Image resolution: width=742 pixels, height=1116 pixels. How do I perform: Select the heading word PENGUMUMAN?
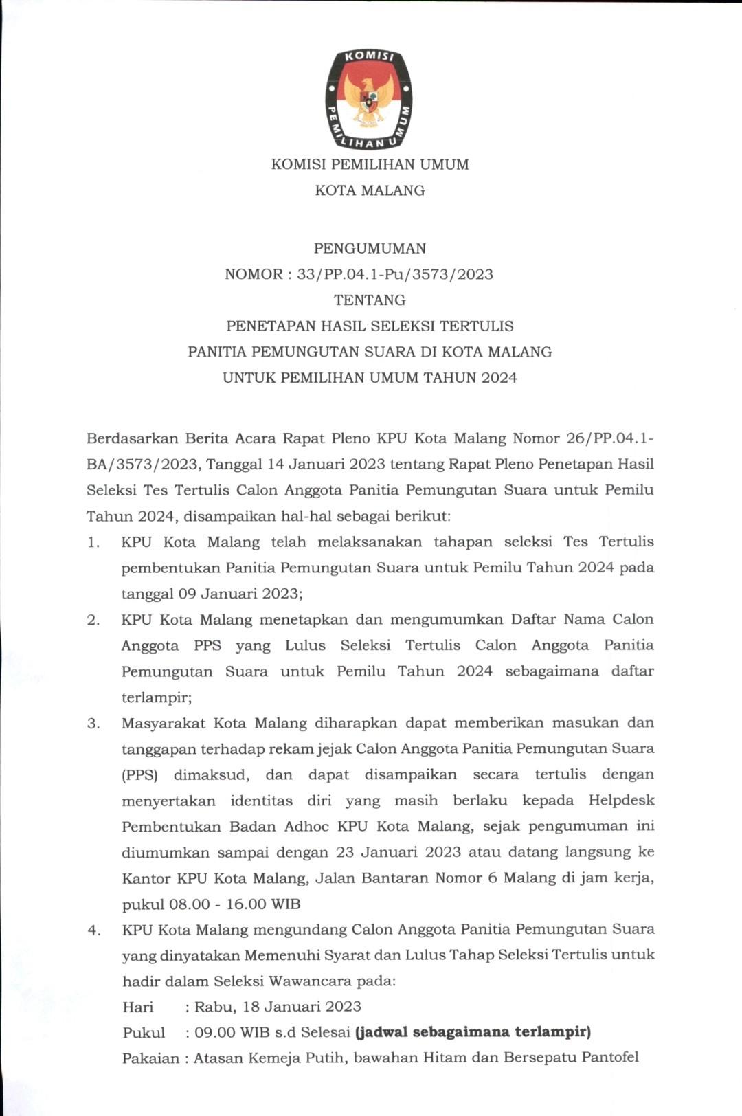point(370,248)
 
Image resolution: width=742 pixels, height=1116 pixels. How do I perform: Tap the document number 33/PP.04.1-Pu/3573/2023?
point(395,274)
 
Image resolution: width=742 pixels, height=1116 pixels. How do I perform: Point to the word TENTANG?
point(370,300)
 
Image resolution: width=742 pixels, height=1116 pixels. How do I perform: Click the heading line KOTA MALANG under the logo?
point(370,190)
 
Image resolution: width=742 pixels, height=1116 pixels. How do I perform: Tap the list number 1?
point(93,542)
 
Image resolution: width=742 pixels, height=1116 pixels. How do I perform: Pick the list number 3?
point(93,723)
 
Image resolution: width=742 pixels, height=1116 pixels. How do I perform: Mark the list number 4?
point(93,930)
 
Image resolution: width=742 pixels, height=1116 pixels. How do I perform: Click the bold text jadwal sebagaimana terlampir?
point(473,1031)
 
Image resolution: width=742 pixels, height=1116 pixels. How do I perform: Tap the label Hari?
point(138,1007)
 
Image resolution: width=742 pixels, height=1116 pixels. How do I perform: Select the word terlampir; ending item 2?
point(156,697)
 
